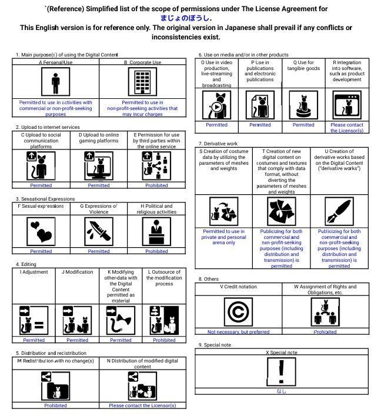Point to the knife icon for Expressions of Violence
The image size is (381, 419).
(98, 231)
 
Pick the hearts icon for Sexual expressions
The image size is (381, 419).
(41, 232)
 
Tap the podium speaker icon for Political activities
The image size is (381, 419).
(156, 231)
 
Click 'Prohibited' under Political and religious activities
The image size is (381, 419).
(156, 251)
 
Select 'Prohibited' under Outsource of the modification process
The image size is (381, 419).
(164, 340)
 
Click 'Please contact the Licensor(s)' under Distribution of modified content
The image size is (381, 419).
(142, 405)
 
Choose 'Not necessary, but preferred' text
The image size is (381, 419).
(238, 332)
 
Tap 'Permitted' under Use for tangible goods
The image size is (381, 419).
(303, 125)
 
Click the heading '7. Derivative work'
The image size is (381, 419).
(218, 144)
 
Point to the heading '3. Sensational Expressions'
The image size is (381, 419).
(45, 199)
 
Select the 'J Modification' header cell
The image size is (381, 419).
(77, 272)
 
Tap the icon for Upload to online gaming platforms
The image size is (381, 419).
(98, 165)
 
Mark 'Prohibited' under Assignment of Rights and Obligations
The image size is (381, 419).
(325, 332)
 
